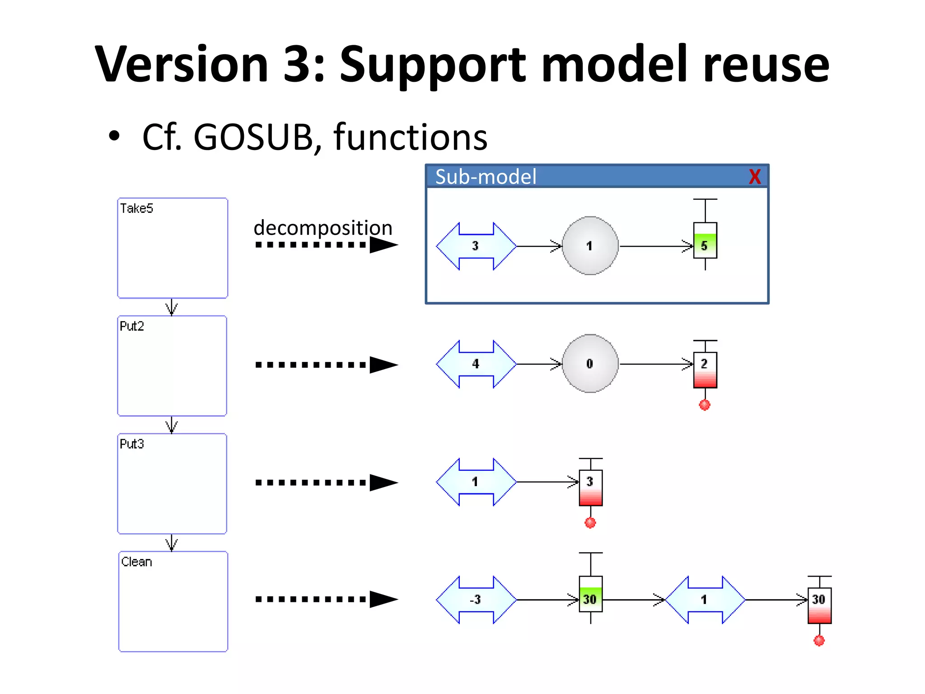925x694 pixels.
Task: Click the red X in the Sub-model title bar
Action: click(754, 177)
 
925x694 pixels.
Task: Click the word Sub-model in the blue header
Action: click(486, 177)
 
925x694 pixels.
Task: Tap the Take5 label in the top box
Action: click(136, 208)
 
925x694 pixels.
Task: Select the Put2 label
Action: click(132, 326)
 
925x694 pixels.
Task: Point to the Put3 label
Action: click(132, 444)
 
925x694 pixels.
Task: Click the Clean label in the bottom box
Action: click(136, 562)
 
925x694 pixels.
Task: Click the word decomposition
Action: click(322, 227)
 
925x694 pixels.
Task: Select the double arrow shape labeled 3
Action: click(476, 246)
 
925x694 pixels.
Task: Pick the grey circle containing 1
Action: click(590, 246)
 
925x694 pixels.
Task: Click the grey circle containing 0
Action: click(590, 364)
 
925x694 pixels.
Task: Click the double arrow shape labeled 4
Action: click(476, 364)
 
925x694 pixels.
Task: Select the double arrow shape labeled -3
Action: click(476, 600)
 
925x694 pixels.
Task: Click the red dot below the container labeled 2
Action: click(705, 405)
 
